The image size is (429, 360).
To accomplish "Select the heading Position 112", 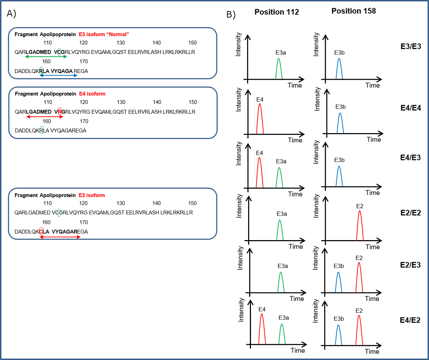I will (x=276, y=12).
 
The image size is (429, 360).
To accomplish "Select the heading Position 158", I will (x=353, y=11).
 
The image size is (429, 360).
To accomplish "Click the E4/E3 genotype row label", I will (x=411, y=157).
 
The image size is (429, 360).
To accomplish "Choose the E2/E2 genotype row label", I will (x=411, y=213).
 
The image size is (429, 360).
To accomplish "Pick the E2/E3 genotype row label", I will (x=411, y=265).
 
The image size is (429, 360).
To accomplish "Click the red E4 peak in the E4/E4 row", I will (x=260, y=118).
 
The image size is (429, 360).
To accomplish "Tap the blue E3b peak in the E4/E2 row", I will (x=338, y=335).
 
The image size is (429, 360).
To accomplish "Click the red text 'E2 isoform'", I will (x=92, y=195).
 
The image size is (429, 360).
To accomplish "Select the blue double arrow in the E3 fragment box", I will (x=59, y=76).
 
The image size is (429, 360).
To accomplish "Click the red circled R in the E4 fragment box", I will (x=59, y=112).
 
